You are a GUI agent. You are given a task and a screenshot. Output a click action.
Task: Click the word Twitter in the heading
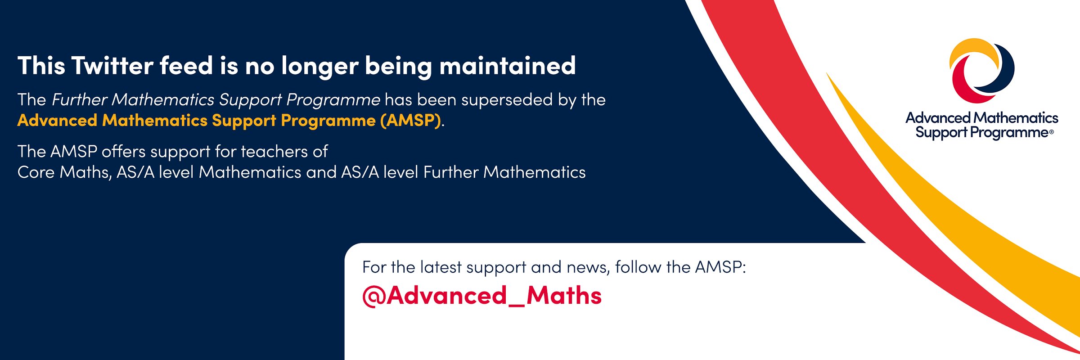coord(112,66)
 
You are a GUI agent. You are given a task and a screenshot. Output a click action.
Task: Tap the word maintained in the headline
coord(507,66)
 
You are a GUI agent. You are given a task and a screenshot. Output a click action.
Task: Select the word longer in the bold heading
coord(320,67)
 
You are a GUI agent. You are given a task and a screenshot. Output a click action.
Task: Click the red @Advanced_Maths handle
coord(482,296)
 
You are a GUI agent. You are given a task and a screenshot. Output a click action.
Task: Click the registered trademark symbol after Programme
coord(1051,132)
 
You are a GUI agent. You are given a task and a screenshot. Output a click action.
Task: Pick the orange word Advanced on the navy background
coord(57,121)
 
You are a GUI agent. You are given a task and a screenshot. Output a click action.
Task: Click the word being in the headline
coord(398,67)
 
